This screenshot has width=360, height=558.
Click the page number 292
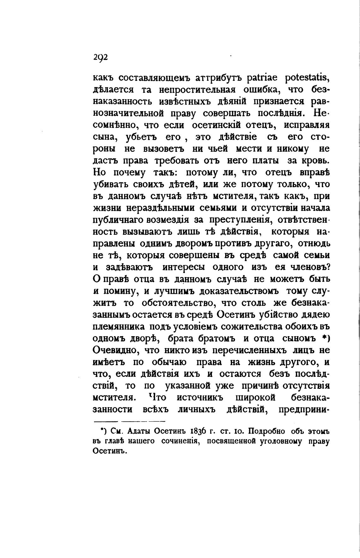(x=101, y=57)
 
